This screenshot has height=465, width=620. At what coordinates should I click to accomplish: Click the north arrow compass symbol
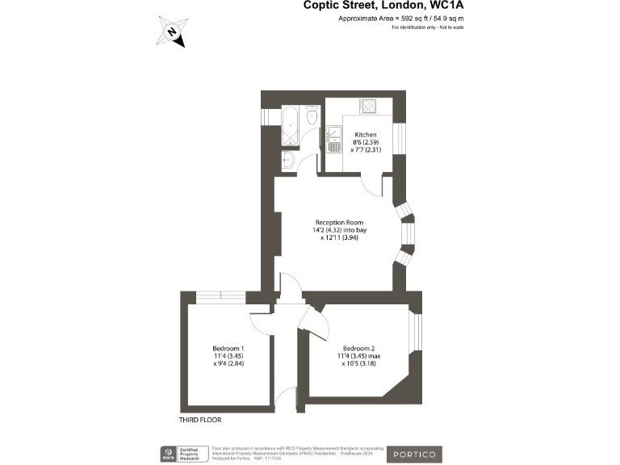(x=172, y=33)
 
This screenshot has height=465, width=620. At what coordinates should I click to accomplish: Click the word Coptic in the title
(x=322, y=5)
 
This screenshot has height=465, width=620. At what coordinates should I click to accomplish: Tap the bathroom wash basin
(x=287, y=160)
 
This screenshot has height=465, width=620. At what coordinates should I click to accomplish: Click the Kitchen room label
(x=366, y=133)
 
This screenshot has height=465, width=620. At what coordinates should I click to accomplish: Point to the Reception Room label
(x=339, y=222)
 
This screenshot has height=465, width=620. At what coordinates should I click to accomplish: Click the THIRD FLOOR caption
(x=200, y=420)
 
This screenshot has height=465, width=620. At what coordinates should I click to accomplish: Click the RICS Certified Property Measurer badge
(x=183, y=454)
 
